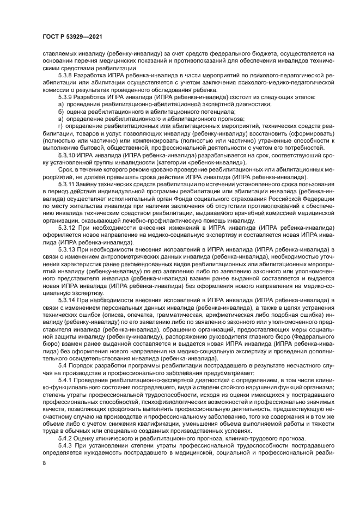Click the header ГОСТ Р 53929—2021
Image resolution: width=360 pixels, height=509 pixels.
73,36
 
